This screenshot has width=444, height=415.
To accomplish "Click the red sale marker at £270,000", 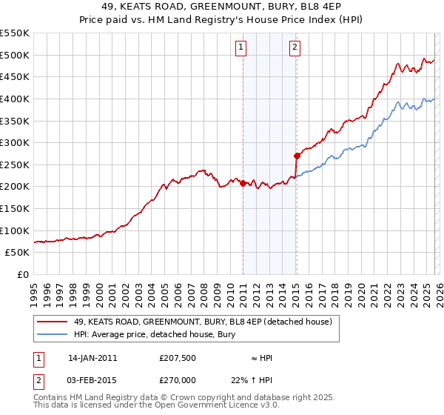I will pos(297,156).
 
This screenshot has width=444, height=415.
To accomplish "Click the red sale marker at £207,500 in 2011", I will pos(243,183).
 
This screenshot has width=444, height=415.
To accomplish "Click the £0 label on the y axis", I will pos(23,274).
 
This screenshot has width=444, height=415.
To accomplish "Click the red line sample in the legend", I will pos(53,322).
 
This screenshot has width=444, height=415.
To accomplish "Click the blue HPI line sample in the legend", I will pos(53,335).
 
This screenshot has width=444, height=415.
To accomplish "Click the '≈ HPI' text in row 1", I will pos(261,358).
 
